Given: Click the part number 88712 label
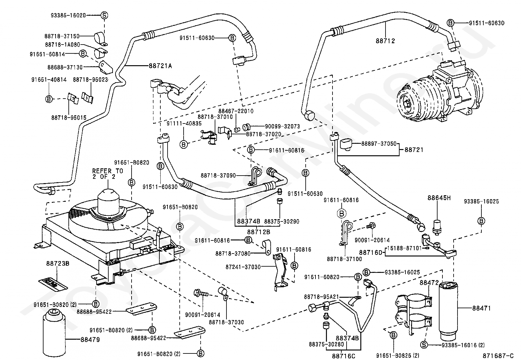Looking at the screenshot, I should click(385, 41).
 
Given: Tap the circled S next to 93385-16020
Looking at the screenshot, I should click(104, 15).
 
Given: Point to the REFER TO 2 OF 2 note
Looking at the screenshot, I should click(108, 174).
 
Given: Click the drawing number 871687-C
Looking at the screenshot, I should click(495, 354).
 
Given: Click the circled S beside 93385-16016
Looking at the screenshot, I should click(424, 345).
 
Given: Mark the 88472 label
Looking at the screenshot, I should click(429, 282).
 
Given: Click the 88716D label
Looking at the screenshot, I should click(371, 252).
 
